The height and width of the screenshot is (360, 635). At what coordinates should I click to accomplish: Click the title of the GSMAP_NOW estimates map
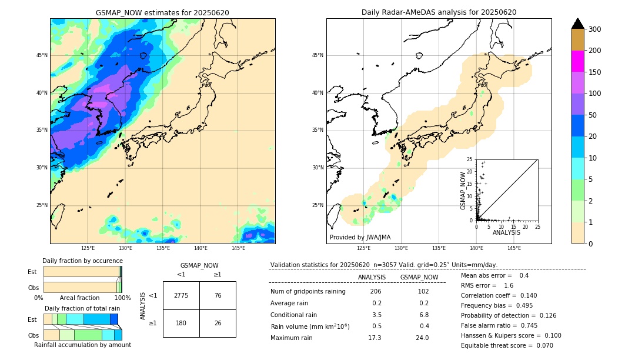tap(162, 12)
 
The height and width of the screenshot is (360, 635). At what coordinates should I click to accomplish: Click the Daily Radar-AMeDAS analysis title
tap(439, 12)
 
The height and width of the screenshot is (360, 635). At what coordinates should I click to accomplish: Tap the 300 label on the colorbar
tap(595, 29)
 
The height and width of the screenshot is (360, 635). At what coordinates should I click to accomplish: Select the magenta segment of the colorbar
tap(577, 61)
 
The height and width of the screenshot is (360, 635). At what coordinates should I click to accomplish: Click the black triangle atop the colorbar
tap(577, 24)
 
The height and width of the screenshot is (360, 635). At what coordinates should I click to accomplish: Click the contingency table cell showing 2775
tap(181, 295)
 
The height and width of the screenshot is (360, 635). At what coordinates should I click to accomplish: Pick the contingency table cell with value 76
tap(218, 295)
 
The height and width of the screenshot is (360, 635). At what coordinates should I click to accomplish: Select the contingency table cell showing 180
tap(181, 323)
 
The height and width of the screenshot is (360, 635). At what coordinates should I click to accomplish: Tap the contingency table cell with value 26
tap(218, 323)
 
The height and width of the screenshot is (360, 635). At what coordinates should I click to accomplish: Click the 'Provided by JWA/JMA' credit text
tap(360, 238)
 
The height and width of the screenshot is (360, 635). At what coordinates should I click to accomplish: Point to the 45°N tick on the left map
tap(42, 55)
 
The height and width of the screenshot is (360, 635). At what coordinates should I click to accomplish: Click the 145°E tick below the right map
tap(514, 248)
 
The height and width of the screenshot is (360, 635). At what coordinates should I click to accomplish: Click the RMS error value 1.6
tap(509, 285)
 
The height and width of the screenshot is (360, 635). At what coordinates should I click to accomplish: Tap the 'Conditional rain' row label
tap(293, 315)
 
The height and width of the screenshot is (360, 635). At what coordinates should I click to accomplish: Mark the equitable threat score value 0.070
tap(542, 345)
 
